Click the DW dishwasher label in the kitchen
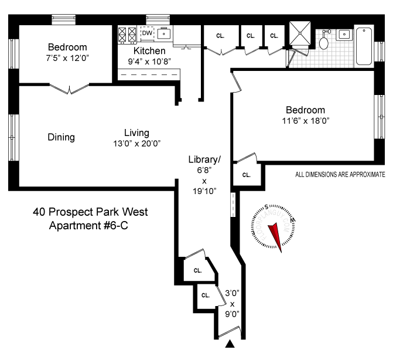146,33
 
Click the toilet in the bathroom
324,41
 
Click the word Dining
61,137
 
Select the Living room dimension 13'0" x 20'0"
136,143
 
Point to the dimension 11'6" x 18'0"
305,121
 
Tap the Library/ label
204,159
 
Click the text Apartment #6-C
90,226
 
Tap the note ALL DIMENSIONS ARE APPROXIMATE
340,174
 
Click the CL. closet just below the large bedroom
247,174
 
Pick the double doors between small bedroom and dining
69,89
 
